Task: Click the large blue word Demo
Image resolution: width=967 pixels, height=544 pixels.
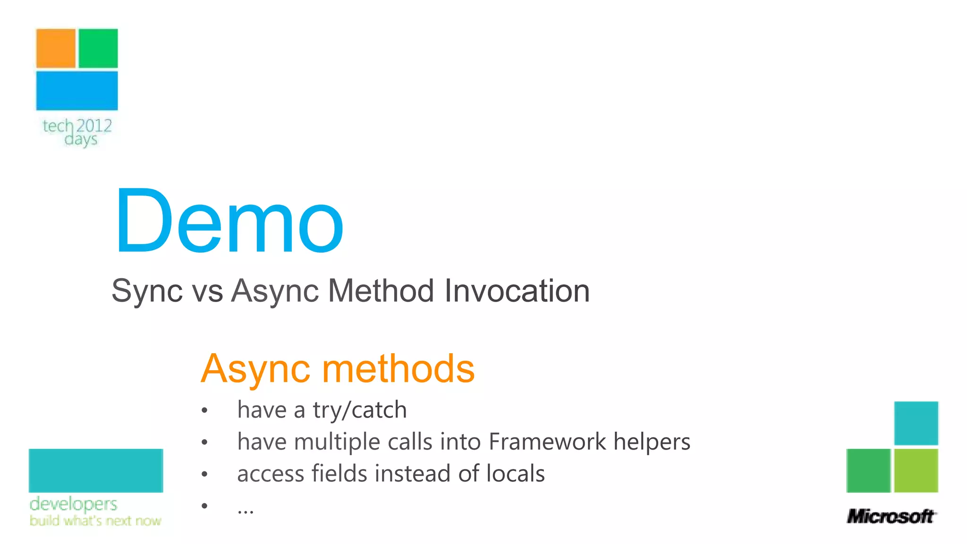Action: pos(229,221)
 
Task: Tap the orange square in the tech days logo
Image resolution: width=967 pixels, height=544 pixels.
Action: pos(56,49)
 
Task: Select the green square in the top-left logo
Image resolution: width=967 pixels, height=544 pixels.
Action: pos(98,49)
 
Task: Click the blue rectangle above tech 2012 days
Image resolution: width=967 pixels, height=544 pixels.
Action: pos(77,91)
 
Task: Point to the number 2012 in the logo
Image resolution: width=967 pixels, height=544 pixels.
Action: pos(94,126)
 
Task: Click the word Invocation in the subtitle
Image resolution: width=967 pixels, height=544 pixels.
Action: pos(517,291)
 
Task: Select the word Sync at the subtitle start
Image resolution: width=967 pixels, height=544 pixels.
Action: pos(147,291)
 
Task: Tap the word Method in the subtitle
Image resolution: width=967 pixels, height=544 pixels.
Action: pos(381,291)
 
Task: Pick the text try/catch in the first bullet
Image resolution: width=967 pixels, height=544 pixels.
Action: pos(359,410)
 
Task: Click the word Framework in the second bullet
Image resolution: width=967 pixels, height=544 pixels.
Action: pos(547,442)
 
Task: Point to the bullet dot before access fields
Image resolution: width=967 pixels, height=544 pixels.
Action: pos(204,474)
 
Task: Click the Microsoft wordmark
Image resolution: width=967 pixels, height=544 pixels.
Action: pos(891,517)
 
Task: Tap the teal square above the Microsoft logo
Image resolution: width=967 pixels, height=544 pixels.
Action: pos(916,423)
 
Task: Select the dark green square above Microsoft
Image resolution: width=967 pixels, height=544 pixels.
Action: pos(868,470)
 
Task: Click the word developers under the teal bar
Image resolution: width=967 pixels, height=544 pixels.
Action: pos(73,504)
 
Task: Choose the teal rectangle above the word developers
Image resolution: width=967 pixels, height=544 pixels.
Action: pos(96,470)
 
